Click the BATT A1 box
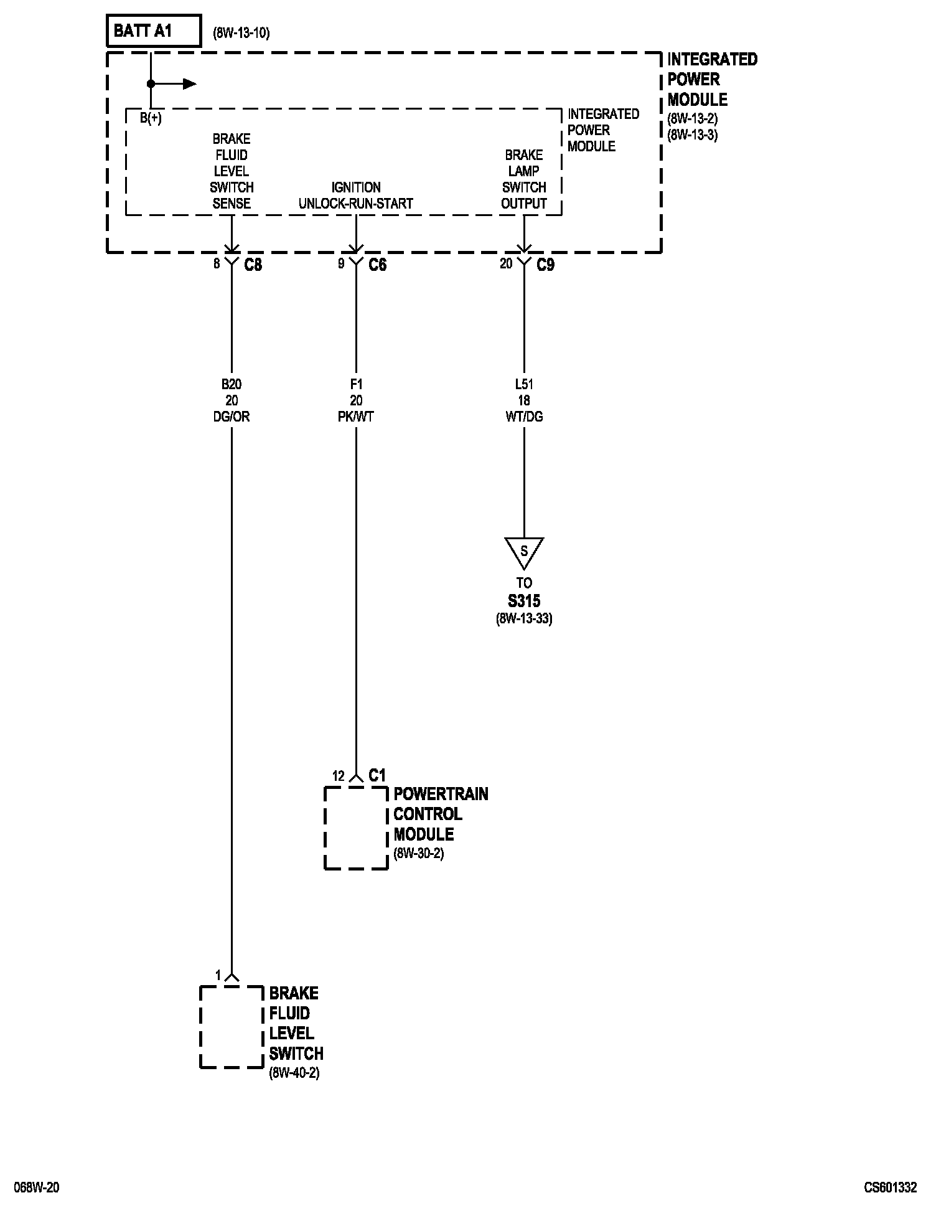(154, 31)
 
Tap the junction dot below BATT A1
(151, 83)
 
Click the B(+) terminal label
(151, 118)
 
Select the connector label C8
(253, 265)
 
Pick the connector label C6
(377, 265)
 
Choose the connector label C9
(545, 265)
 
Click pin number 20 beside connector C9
(506, 264)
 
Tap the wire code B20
(232, 384)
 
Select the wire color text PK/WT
(356, 417)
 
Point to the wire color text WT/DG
(524, 417)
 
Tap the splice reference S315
(524, 602)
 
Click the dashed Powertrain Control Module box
(356, 828)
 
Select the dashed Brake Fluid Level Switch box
(232, 1027)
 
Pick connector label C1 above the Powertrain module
(377, 775)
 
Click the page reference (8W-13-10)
(241, 33)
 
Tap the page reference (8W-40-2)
(294, 1073)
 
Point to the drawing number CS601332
(890, 1187)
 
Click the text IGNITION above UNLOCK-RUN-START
(356, 187)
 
